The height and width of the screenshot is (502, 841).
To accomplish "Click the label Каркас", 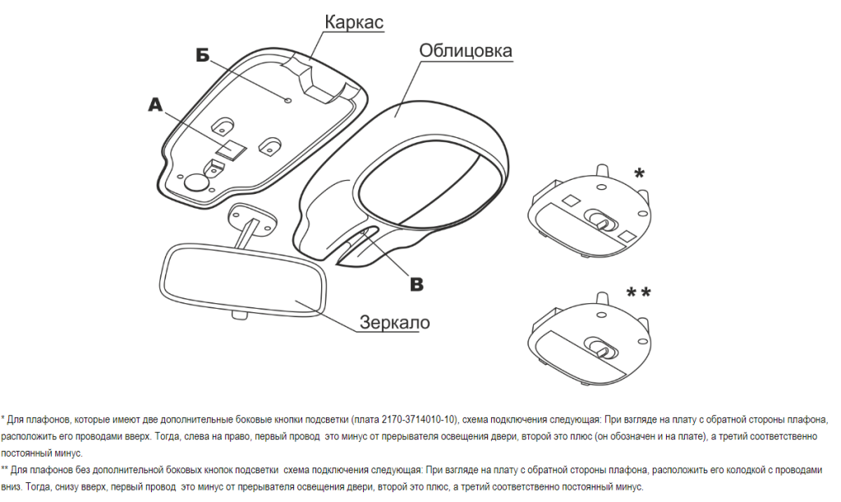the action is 353,22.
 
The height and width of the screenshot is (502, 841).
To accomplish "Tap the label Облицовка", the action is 465,51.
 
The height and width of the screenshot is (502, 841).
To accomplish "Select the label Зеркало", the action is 395,322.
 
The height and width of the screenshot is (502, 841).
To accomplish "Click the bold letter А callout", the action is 155,105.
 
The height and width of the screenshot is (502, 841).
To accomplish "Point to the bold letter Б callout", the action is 202,54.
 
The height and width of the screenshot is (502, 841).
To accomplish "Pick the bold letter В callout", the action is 416,284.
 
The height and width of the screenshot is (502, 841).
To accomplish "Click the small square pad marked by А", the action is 231,149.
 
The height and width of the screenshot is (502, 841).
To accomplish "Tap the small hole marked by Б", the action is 288,99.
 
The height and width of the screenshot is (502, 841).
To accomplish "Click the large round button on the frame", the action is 196,182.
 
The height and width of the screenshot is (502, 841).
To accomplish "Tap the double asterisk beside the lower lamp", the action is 638,292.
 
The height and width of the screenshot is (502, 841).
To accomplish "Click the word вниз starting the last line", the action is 11,487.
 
